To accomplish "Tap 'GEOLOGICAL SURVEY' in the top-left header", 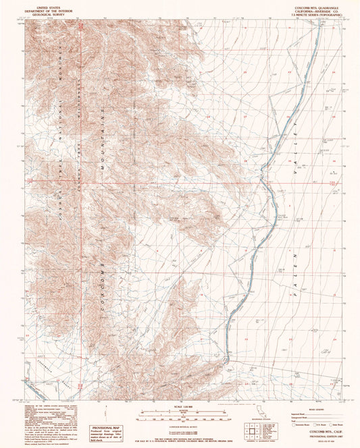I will click(46, 15).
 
